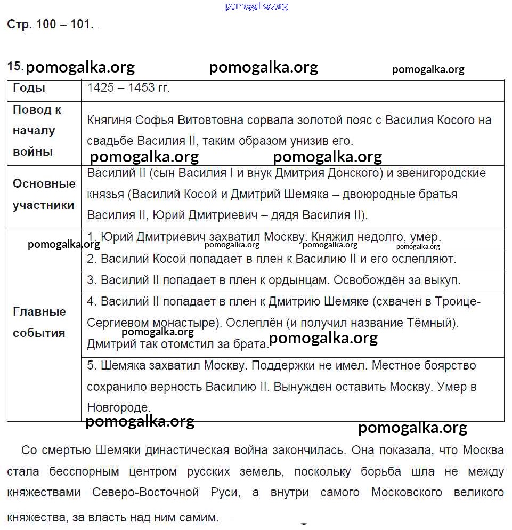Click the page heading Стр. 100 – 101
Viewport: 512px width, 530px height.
point(50,25)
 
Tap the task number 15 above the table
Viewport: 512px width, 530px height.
point(14,66)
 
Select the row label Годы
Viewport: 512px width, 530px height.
point(29,88)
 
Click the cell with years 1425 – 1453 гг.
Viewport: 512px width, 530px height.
point(128,88)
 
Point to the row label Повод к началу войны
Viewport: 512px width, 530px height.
point(37,131)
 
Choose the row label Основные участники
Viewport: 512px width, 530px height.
point(44,195)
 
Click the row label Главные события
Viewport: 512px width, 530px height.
point(39,322)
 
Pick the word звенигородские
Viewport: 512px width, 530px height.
point(443,173)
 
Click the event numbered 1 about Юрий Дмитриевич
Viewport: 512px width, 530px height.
point(264,237)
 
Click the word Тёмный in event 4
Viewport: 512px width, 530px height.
point(430,323)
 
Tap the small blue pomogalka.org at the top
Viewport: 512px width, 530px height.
point(256,6)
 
